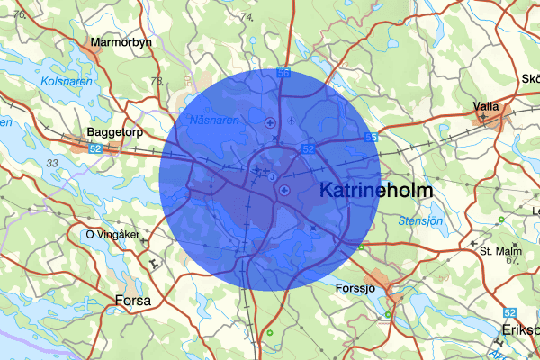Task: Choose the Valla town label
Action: click(486, 105)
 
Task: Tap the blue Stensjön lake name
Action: click(420, 220)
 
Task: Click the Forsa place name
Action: click(133, 300)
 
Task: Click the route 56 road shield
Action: click(283, 73)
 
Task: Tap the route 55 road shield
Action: click(371, 138)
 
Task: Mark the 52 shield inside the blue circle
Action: click(308, 148)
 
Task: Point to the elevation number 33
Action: click(52, 163)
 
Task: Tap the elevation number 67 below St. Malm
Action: click(513, 260)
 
